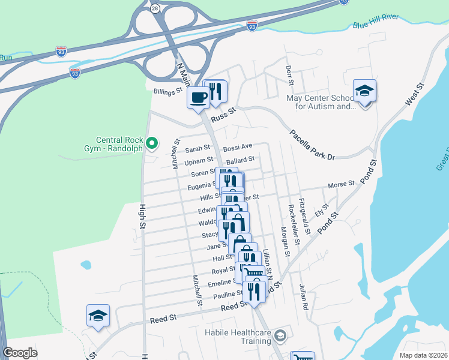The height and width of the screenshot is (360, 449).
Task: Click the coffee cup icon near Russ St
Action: (199, 97)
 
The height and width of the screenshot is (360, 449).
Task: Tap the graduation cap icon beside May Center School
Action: (364, 91)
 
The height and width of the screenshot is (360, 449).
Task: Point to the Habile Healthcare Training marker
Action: (280, 335)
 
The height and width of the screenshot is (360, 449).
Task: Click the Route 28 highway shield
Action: (155, 8)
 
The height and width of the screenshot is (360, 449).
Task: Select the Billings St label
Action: (167, 92)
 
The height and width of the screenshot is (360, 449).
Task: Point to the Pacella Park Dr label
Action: (312, 145)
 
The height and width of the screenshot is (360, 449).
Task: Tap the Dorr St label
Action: (289, 74)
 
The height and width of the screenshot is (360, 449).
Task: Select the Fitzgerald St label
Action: (304, 217)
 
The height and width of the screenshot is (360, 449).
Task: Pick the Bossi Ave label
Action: (237, 146)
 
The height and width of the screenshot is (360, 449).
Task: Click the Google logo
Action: (20, 353)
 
